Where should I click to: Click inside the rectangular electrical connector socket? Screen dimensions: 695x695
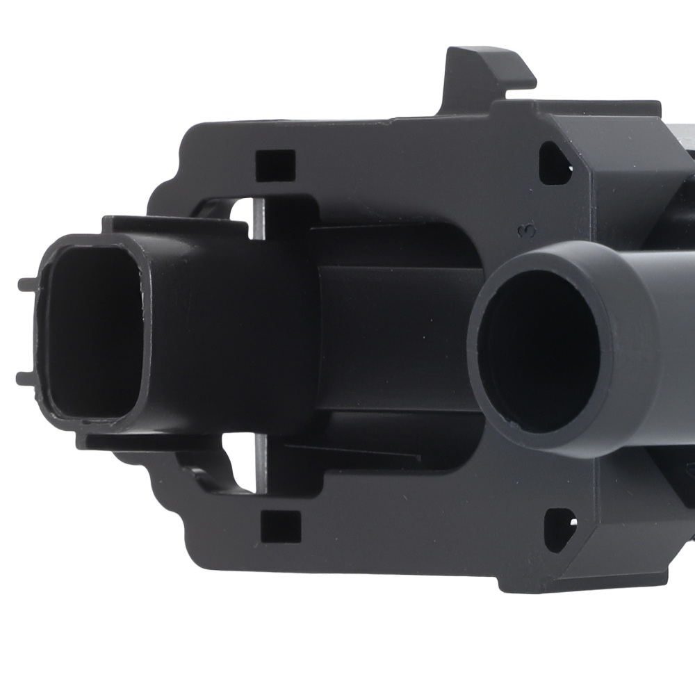click(x=95, y=332)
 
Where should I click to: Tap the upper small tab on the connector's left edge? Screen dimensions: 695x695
click(x=28, y=284)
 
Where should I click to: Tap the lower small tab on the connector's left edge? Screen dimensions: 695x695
click(x=26, y=378)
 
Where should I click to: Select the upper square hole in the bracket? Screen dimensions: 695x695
click(x=275, y=165)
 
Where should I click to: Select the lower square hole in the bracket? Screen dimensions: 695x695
click(x=280, y=527)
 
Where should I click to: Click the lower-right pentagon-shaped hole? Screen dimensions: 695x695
click(x=560, y=530)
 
